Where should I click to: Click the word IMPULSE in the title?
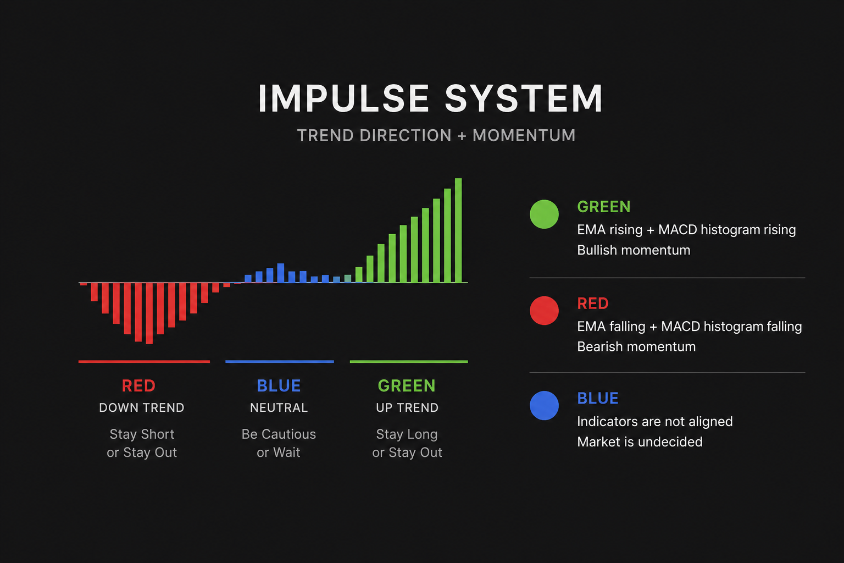[343, 98]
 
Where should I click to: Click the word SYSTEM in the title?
[524, 98]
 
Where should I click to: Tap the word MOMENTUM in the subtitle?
[524, 135]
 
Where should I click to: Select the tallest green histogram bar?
[458, 230]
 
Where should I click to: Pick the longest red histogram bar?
[149, 313]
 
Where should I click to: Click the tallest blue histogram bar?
[281, 273]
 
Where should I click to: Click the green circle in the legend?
[544, 214]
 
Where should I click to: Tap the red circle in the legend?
[544, 311]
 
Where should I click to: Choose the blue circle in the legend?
[544, 405]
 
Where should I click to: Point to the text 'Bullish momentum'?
[634, 250]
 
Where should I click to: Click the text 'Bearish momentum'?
[636, 346]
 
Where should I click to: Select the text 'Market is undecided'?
[640, 441]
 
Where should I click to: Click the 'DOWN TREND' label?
[142, 407]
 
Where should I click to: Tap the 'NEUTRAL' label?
[279, 407]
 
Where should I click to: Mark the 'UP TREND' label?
[407, 407]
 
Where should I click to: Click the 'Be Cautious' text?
[279, 434]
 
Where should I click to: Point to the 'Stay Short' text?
[142, 434]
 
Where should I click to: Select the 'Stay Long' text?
[407, 434]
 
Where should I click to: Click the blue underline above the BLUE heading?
[280, 362]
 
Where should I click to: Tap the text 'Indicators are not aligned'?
[655, 421]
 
